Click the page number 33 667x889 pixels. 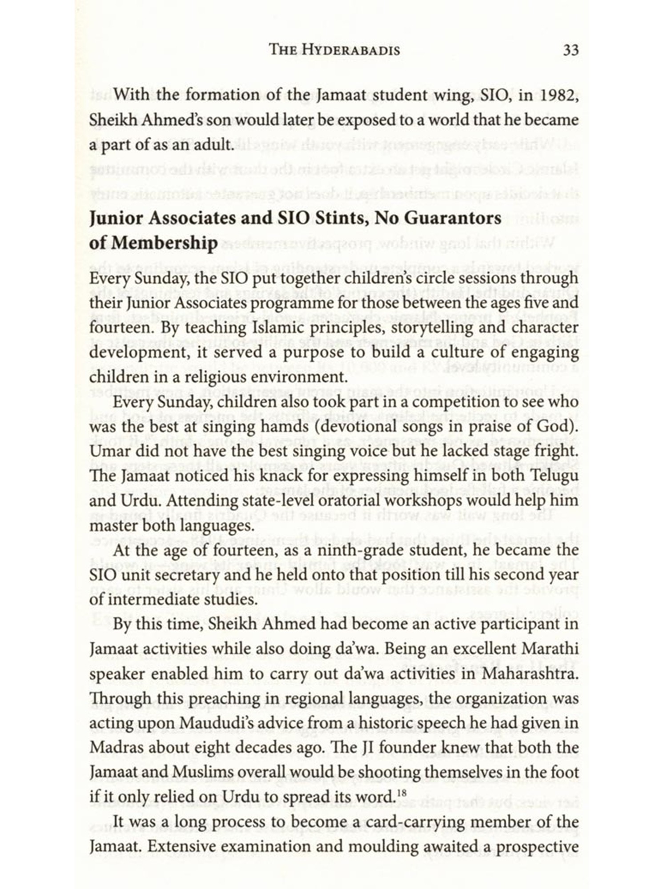[x=571, y=50]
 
